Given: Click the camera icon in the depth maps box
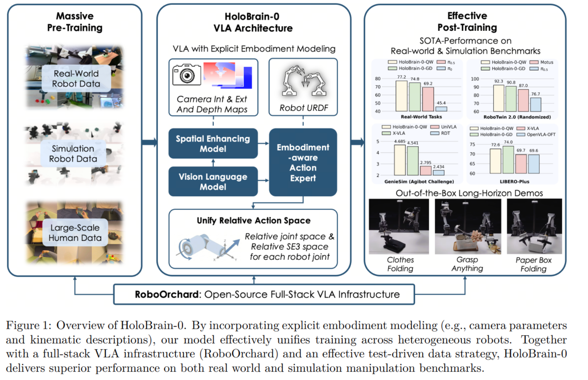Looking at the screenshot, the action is coord(187,75).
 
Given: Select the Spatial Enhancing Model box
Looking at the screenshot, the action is coord(213,143).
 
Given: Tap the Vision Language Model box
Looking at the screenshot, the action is coord(213,181).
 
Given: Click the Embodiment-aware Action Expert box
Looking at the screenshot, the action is coord(303,162).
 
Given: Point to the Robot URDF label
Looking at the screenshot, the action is coord(304,108).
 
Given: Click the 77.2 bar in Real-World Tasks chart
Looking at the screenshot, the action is coord(401,96).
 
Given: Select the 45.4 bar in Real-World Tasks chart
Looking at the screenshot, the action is coord(441,109).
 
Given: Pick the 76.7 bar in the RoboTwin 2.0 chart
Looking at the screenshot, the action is coord(535,104).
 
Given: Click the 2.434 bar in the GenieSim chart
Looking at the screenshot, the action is coord(439,173).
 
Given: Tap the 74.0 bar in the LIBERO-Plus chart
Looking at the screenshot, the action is coord(508,160).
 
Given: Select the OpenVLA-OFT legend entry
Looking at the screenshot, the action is coord(536,135).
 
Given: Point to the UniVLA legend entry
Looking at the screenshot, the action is coord(443,127).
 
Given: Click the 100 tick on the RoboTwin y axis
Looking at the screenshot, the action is coord(475,79).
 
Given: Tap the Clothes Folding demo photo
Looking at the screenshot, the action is coord(399,226).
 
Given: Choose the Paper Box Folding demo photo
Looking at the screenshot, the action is coord(534,226).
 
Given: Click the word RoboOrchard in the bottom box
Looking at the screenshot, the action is coord(167,294).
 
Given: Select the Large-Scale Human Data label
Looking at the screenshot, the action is coord(75,233).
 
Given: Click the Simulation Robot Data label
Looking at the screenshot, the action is coord(73,154).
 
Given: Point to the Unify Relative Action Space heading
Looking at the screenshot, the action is coord(253,220).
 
